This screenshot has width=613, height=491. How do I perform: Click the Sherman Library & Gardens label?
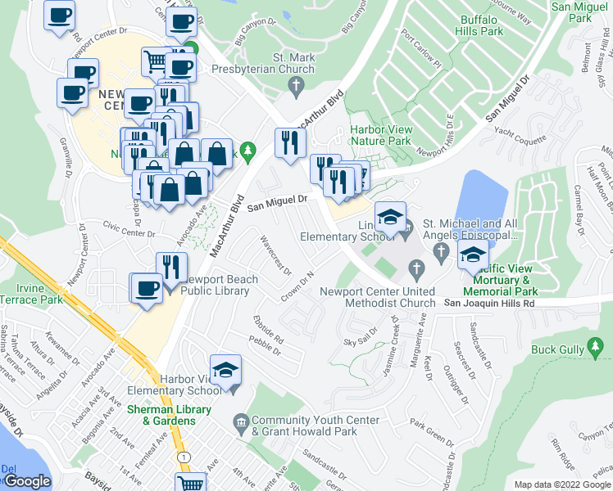tap(169, 415)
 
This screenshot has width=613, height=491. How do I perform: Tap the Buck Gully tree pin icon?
tap(596, 349)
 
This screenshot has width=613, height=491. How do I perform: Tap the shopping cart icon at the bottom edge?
tap(190, 483)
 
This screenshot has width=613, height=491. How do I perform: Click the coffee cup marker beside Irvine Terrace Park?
tap(148, 289)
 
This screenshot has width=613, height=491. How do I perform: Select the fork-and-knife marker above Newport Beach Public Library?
tap(171, 266)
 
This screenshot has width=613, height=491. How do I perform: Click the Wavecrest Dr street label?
tap(275, 255)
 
